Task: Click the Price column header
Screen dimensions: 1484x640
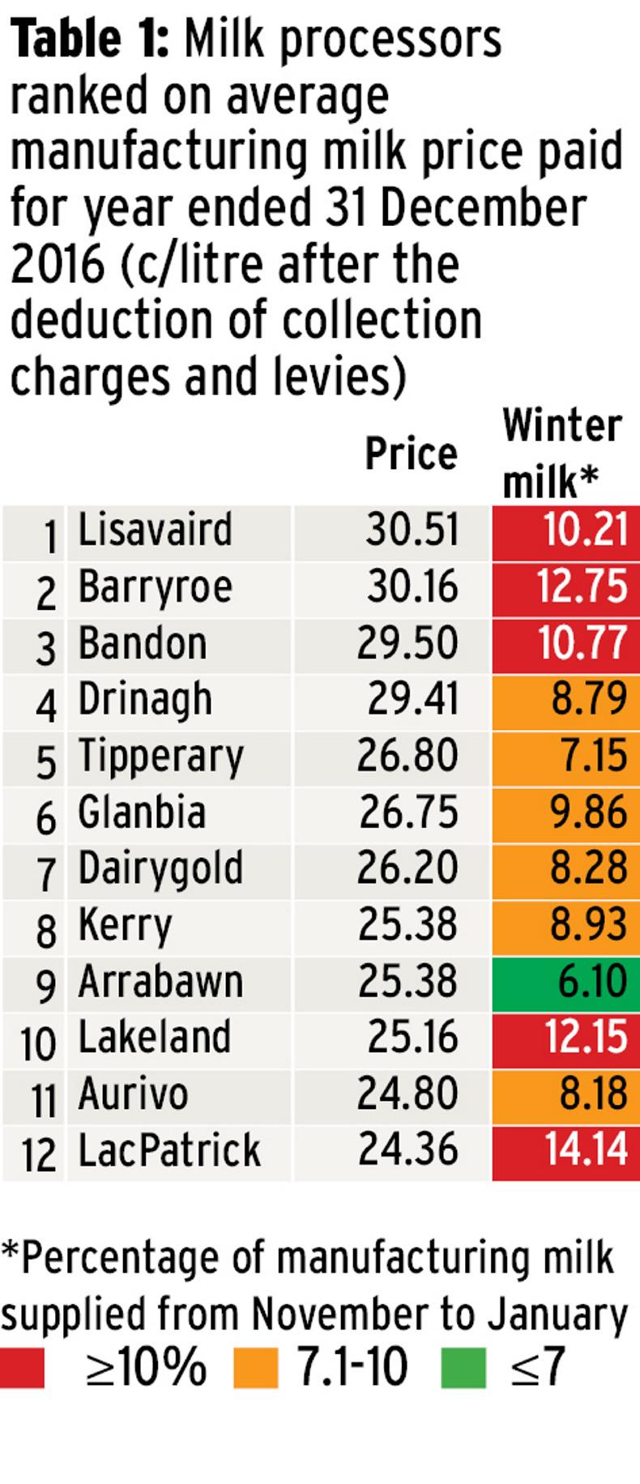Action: click(411, 454)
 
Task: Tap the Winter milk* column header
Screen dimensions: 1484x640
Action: click(561, 453)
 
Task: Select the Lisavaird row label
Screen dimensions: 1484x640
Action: click(155, 530)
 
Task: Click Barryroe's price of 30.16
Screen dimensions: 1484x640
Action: click(412, 586)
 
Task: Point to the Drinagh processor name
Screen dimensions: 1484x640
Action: click(145, 700)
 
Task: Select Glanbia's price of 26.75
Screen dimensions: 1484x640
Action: click(408, 812)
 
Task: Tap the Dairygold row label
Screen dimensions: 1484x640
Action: click(160, 868)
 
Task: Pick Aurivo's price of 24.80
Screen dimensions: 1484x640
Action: click(407, 1094)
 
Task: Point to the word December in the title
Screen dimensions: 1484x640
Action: click(482, 208)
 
